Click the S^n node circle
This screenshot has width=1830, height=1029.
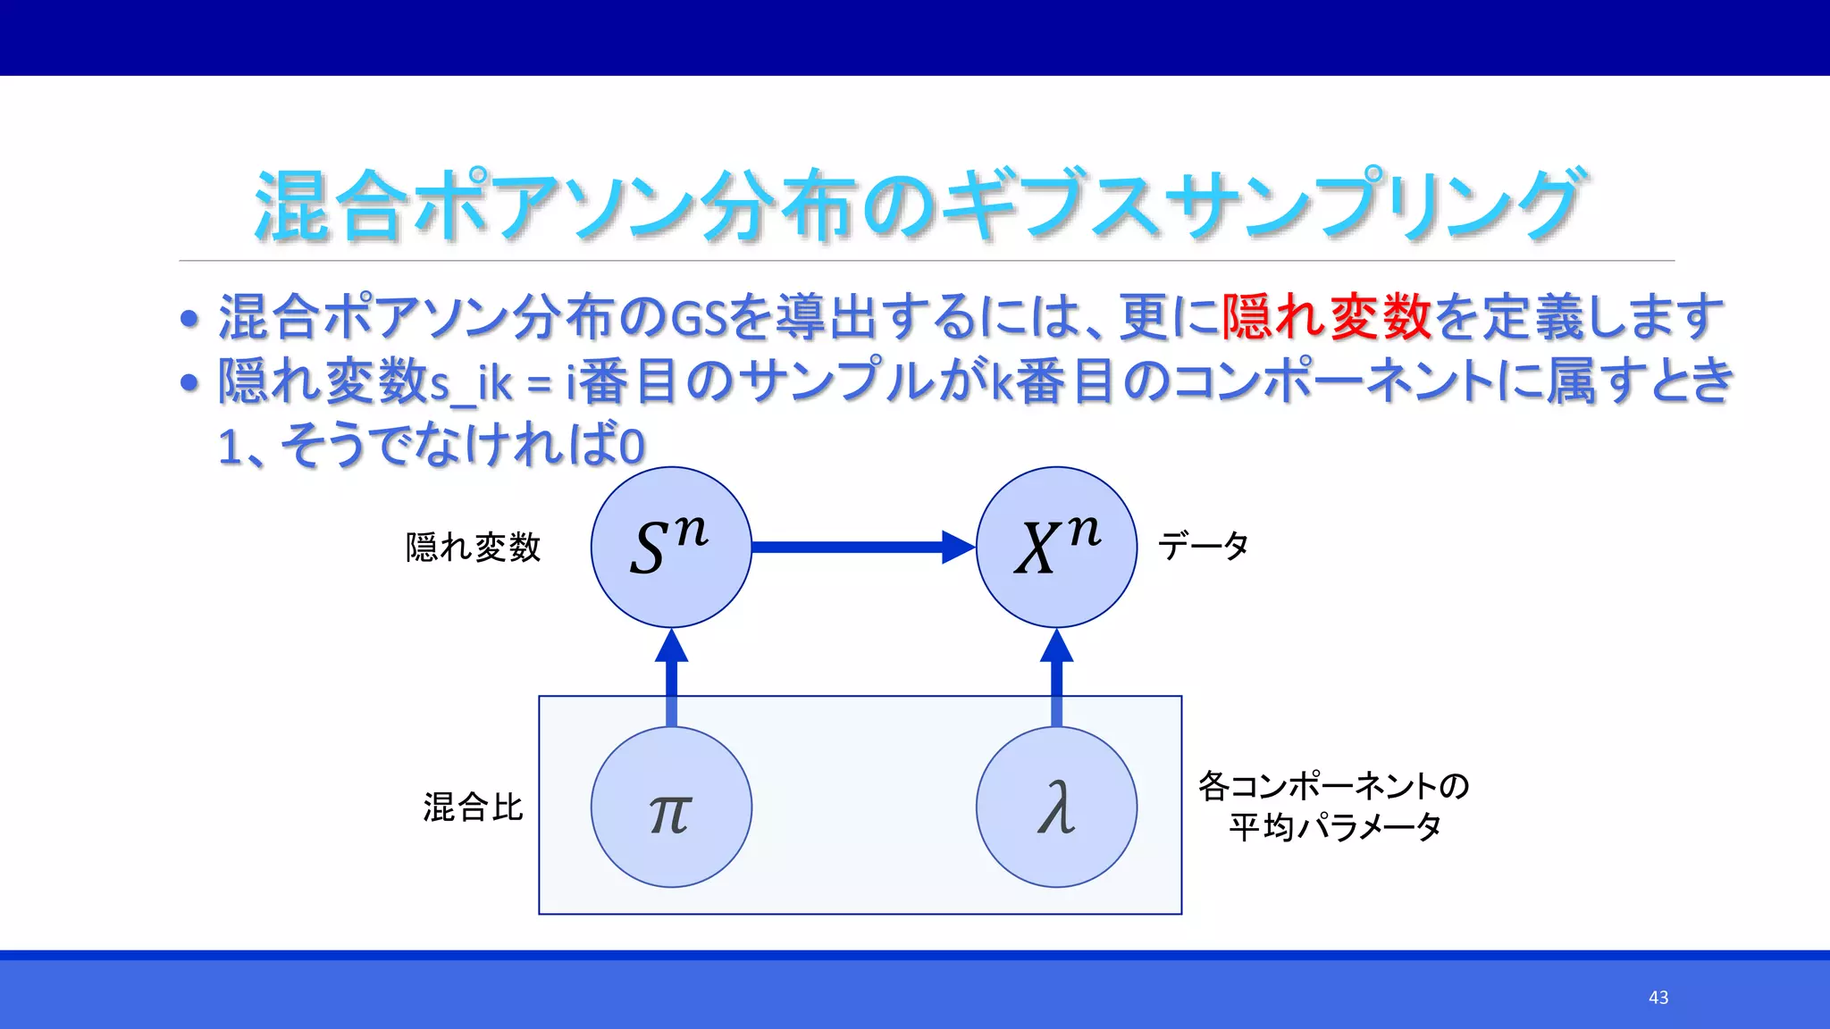point(671,547)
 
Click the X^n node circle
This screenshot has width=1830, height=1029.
point(1056,547)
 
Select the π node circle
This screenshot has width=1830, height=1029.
point(671,807)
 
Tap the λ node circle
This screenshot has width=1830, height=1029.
point(1056,807)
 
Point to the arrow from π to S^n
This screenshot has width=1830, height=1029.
point(671,679)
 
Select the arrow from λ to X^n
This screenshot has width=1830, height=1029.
point(1056,679)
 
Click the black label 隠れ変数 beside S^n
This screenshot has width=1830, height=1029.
point(473,548)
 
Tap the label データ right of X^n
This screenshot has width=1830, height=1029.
point(1203,546)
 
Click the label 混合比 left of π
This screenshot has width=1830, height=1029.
point(473,807)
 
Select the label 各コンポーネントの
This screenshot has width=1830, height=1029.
point(1333,786)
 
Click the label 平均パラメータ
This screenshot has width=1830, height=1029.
point(1333,827)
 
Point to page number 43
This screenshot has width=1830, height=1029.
point(1658,998)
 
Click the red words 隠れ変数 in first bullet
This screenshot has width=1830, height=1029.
point(1326,317)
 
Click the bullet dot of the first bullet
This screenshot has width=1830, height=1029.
point(189,319)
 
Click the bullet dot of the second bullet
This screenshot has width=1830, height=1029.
point(189,383)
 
